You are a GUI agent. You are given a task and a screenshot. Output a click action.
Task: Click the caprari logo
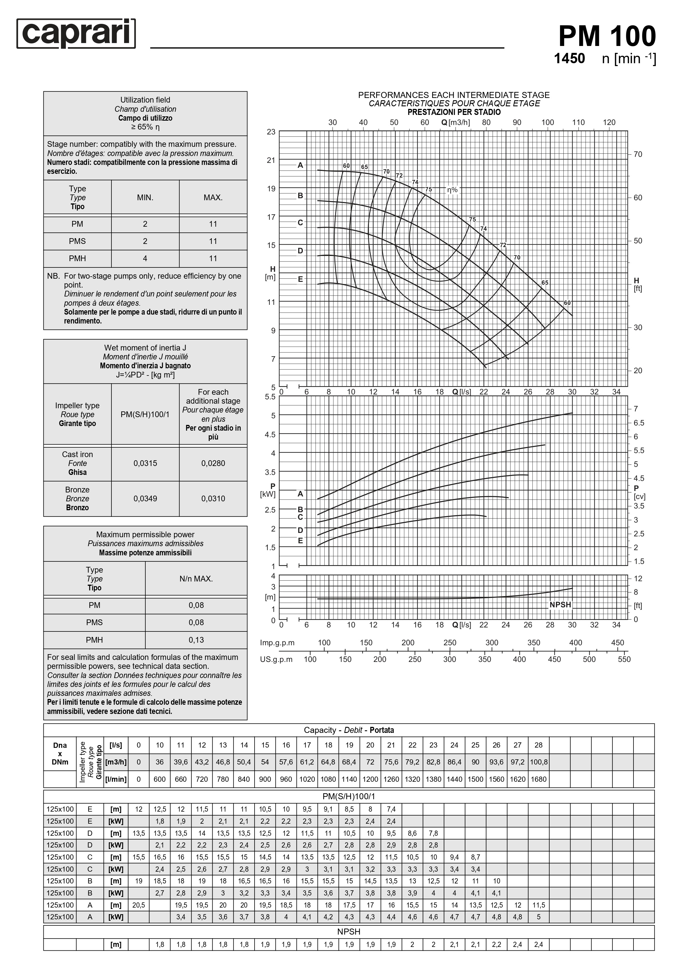click(x=76, y=34)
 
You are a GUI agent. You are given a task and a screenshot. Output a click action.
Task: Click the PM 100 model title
click(x=607, y=36)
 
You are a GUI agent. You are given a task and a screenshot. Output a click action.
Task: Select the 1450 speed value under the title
click(x=569, y=59)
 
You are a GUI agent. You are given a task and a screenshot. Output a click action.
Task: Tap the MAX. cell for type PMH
click(x=213, y=259)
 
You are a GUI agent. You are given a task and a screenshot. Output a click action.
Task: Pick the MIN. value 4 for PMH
click(x=145, y=259)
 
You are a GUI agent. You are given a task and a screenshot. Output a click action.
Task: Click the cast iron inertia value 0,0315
click(x=145, y=463)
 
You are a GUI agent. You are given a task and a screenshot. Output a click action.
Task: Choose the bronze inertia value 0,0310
click(x=213, y=498)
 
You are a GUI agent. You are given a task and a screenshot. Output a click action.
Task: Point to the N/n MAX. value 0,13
click(x=196, y=640)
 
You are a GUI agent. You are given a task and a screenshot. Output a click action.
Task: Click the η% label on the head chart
click(x=452, y=190)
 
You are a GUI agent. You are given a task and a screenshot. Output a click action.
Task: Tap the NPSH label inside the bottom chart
click(x=560, y=605)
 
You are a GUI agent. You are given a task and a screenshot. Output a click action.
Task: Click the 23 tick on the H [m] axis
click(x=271, y=132)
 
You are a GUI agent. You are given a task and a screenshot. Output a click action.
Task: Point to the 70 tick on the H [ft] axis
click(x=638, y=155)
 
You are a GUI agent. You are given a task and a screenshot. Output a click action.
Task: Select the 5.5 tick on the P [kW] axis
click(x=270, y=397)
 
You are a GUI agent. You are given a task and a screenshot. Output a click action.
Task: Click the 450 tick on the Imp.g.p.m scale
click(x=617, y=643)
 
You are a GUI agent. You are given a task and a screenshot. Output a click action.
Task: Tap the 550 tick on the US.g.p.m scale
click(x=624, y=660)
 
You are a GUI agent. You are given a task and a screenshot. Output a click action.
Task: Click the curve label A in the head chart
click(x=300, y=165)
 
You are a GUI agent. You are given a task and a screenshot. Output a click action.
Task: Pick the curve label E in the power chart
click(x=300, y=541)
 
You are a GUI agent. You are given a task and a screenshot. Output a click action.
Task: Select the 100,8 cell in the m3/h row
click(x=538, y=762)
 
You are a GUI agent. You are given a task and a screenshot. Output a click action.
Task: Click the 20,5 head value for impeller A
click(x=138, y=905)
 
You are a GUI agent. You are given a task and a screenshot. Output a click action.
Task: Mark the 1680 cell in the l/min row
click(x=538, y=779)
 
